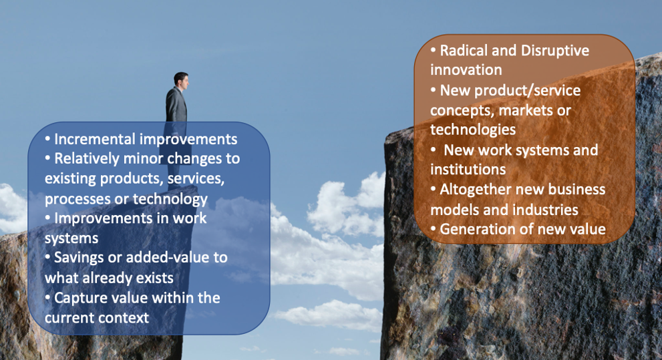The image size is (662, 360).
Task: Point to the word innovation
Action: coord(466,70)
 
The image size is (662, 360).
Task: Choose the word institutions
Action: coord(468,170)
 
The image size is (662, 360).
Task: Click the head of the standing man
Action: coord(181,79)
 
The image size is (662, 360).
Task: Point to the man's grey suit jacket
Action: coord(176,106)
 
